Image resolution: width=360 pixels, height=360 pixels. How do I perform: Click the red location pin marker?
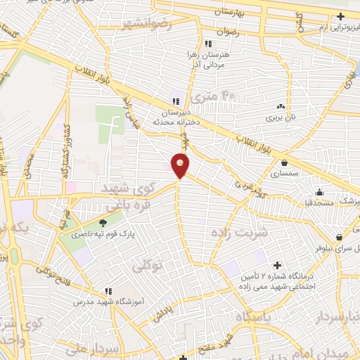pyautogui.click(x=181, y=165)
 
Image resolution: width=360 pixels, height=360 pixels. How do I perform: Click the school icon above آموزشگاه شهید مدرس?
pyautogui.click(x=108, y=290)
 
